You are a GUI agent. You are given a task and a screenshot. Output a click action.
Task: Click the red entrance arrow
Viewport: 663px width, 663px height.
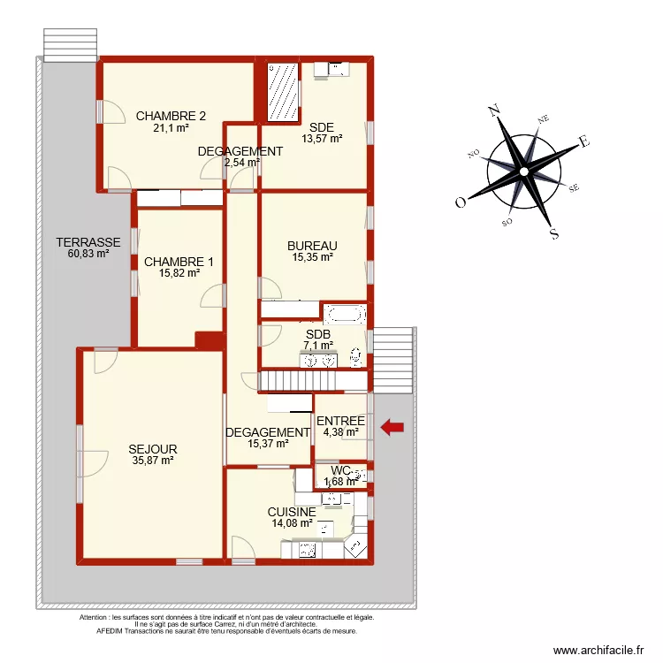pyautogui.click(x=392, y=428)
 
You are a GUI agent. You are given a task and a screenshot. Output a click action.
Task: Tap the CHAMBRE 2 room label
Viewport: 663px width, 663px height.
pyautogui.click(x=171, y=116)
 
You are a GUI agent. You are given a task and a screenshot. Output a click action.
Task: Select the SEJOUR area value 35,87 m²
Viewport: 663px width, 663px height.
pyautogui.click(x=153, y=460)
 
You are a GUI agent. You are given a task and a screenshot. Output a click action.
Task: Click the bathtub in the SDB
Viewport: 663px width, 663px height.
pyautogui.click(x=344, y=314)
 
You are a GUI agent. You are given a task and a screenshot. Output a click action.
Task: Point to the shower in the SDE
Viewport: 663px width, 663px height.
pyautogui.click(x=284, y=92)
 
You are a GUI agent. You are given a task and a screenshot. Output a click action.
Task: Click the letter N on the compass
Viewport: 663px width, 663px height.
pyautogui.click(x=494, y=111)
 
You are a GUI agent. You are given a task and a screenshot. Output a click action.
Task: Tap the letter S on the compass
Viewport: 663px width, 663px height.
pyautogui.click(x=554, y=234)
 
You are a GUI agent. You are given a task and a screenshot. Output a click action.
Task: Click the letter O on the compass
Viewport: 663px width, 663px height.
pyautogui.click(x=461, y=202)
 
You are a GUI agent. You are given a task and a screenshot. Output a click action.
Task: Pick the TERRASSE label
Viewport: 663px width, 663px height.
pyautogui.click(x=88, y=242)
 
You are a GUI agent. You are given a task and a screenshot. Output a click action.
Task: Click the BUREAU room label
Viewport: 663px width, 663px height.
pyautogui.click(x=312, y=246)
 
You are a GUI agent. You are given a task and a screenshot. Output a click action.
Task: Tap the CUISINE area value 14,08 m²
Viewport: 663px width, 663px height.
pyautogui.click(x=292, y=522)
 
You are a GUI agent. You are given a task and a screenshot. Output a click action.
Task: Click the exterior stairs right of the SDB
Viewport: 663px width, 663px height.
pyautogui.click(x=392, y=361)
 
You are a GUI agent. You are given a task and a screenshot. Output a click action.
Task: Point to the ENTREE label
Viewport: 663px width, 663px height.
pyautogui.click(x=340, y=421)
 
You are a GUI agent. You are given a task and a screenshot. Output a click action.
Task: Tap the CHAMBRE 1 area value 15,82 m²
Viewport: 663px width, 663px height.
pyautogui.click(x=179, y=273)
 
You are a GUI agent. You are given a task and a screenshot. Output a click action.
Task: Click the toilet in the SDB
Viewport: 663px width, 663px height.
pyautogui.click(x=356, y=356)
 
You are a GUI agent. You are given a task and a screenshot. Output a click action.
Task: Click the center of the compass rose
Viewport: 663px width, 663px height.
pyautogui.click(x=524, y=171)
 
